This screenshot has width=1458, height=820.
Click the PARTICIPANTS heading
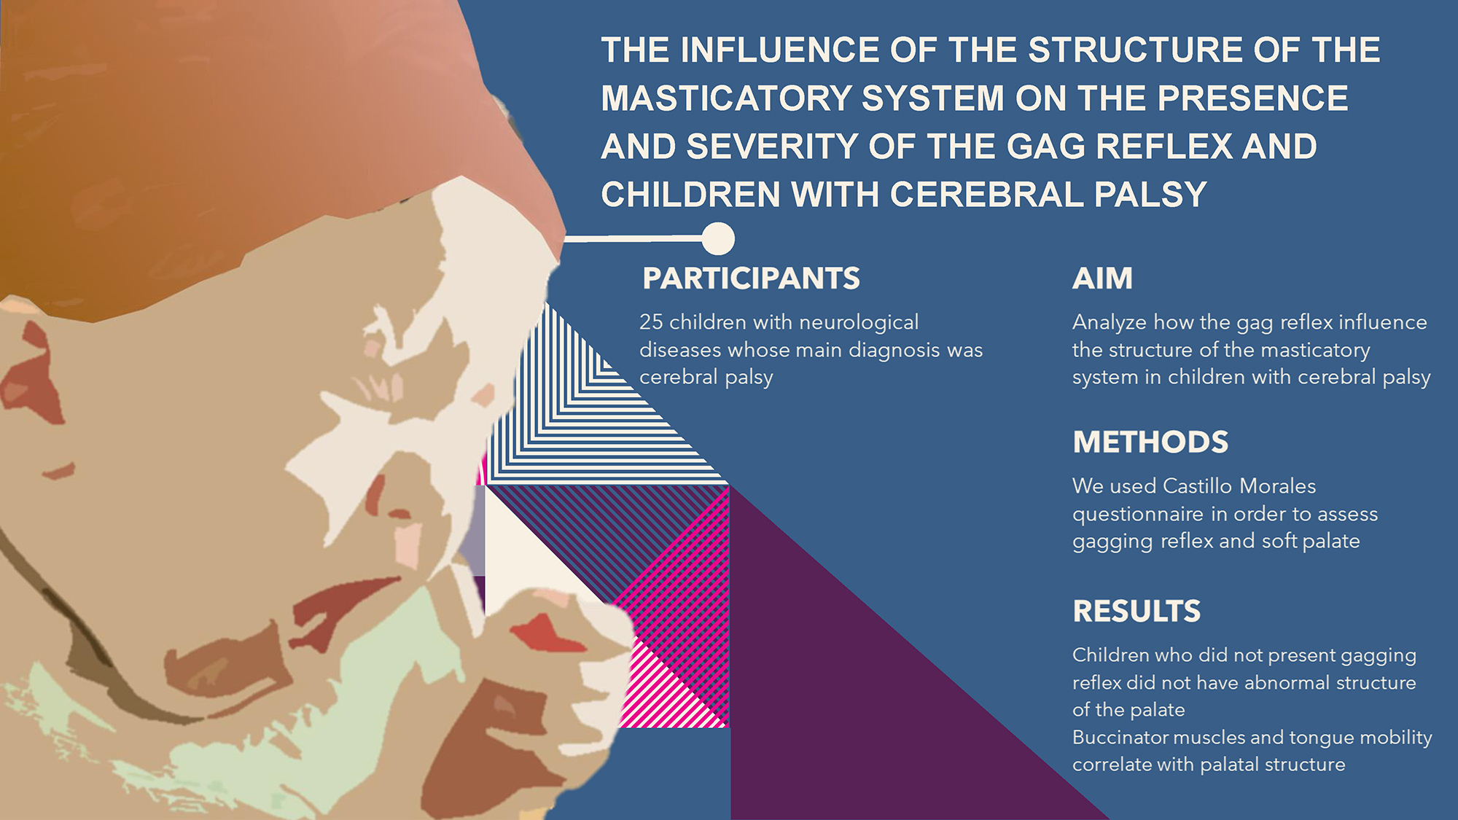751,278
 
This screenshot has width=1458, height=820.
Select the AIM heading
1102,278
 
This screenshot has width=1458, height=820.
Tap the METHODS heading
1150,442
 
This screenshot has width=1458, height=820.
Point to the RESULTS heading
1137,612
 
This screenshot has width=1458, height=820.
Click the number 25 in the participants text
651,322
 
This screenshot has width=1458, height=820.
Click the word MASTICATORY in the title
726,98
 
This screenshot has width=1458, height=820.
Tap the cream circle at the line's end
718,238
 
